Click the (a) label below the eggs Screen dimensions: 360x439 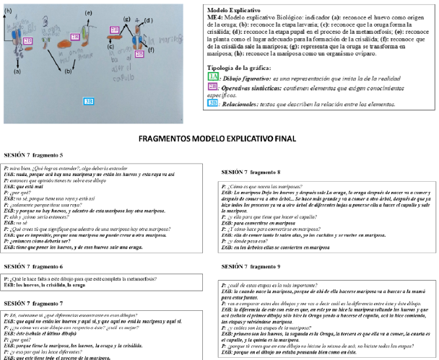tap(17, 71)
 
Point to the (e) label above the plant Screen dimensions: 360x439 tap(88, 13)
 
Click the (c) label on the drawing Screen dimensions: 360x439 tap(110, 45)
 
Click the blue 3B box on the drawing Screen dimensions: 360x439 tap(89, 101)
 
